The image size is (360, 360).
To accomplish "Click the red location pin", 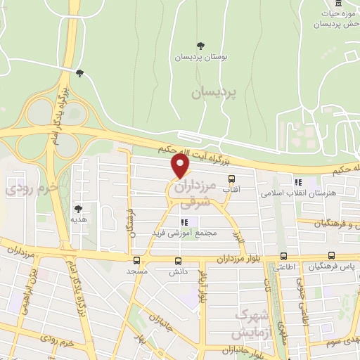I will pos(181,166).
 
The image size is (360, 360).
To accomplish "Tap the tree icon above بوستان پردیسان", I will pos(202,46).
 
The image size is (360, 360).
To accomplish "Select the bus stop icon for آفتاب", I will pos(231,179).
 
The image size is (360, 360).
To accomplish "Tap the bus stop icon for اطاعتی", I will pos(283,257).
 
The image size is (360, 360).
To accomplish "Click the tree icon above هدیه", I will pos(78,209).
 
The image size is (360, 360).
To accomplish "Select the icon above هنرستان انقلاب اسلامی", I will pos(298,181).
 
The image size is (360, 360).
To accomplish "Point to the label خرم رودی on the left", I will pos(20,189).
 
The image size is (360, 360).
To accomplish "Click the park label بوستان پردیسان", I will pos(202,57).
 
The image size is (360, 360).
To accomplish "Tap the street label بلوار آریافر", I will pos(202,285).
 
